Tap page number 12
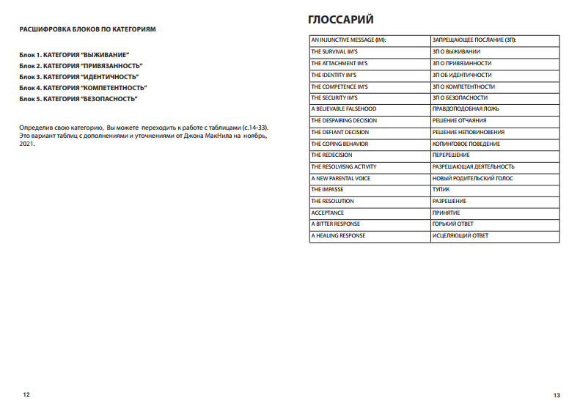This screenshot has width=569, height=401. [x=27, y=394]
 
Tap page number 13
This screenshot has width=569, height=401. [x=557, y=394]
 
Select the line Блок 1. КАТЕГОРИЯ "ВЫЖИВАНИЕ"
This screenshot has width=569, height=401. [x=75, y=55]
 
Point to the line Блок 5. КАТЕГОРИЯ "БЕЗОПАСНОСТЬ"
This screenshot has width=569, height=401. [x=78, y=98]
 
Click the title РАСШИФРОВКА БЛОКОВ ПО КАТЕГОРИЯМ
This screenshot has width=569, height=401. [x=88, y=29]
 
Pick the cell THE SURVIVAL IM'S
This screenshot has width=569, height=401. [x=334, y=51]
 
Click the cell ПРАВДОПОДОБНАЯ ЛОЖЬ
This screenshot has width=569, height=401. [x=466, y=108]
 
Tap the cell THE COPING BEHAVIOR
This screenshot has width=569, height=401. [x=339, y=144]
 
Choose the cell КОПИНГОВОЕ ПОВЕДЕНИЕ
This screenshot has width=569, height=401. [x=466, y=144]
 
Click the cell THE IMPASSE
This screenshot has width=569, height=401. [x=327, y=190]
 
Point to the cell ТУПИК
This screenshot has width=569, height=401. [x=441, y=190]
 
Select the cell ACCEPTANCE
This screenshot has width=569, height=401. [x=328, y=213]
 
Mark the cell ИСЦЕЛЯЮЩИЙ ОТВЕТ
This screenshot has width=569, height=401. [x=460, y=235]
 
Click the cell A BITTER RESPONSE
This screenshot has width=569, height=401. [x=336, y=224]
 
